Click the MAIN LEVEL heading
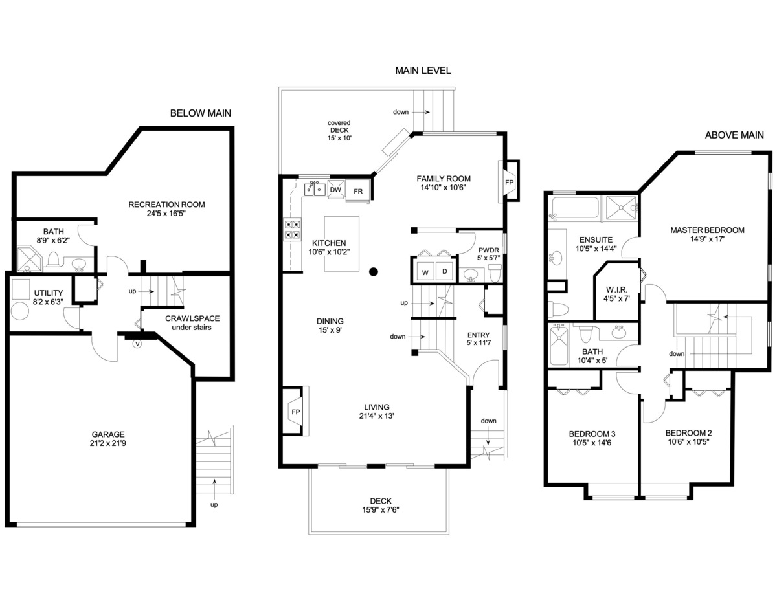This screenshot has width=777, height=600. [x=423, y=71]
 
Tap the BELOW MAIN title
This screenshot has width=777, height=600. [x=200, y=113]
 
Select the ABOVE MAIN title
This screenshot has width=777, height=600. [x=734, y=135]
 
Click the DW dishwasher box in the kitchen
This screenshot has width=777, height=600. [x=335, y=190]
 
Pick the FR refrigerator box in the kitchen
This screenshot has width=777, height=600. [x=358, y=191]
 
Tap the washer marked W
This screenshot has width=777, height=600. [x=425, y=271]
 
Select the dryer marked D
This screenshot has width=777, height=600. [x=445, y=271]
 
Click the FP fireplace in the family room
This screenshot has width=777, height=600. [x=509, y=182]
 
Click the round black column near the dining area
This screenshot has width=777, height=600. [x=374, y=272]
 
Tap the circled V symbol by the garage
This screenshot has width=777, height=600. [x=137, y=345]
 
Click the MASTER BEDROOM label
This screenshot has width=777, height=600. [x=707, y=230]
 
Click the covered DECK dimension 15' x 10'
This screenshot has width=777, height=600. [x=339, y=138]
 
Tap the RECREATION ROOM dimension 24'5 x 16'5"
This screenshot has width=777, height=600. [x=166, y=214]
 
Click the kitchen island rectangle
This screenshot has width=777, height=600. [x=341, y=245]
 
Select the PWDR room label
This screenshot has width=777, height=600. [x=488, y=250]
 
